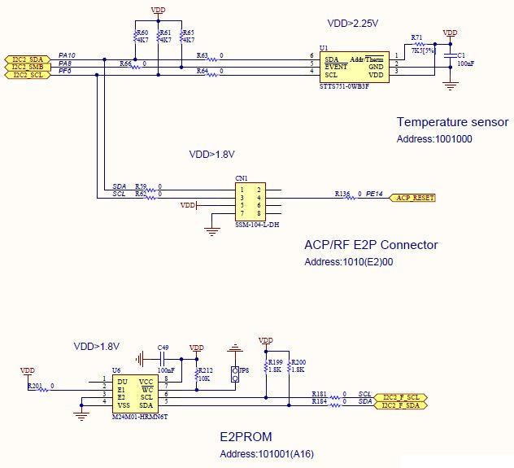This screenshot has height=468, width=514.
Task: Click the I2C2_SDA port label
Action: (x=28, y=59)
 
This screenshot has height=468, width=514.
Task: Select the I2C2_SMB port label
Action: (x=28, y=67)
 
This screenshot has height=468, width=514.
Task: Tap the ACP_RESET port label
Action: (x=413, y=198)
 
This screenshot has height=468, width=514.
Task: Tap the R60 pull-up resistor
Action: (x=135, y=37)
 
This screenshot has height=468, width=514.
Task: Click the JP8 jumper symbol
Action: (x=235, y=374)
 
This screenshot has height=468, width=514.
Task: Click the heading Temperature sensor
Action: (x=452, y=122)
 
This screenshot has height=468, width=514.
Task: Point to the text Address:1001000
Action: (x=434, y=139)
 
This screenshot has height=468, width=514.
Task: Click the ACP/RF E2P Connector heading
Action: (x=370, y=245)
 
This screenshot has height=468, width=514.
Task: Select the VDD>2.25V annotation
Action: (x=355, y=24)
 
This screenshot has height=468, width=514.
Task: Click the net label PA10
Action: (x=68, y=55)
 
